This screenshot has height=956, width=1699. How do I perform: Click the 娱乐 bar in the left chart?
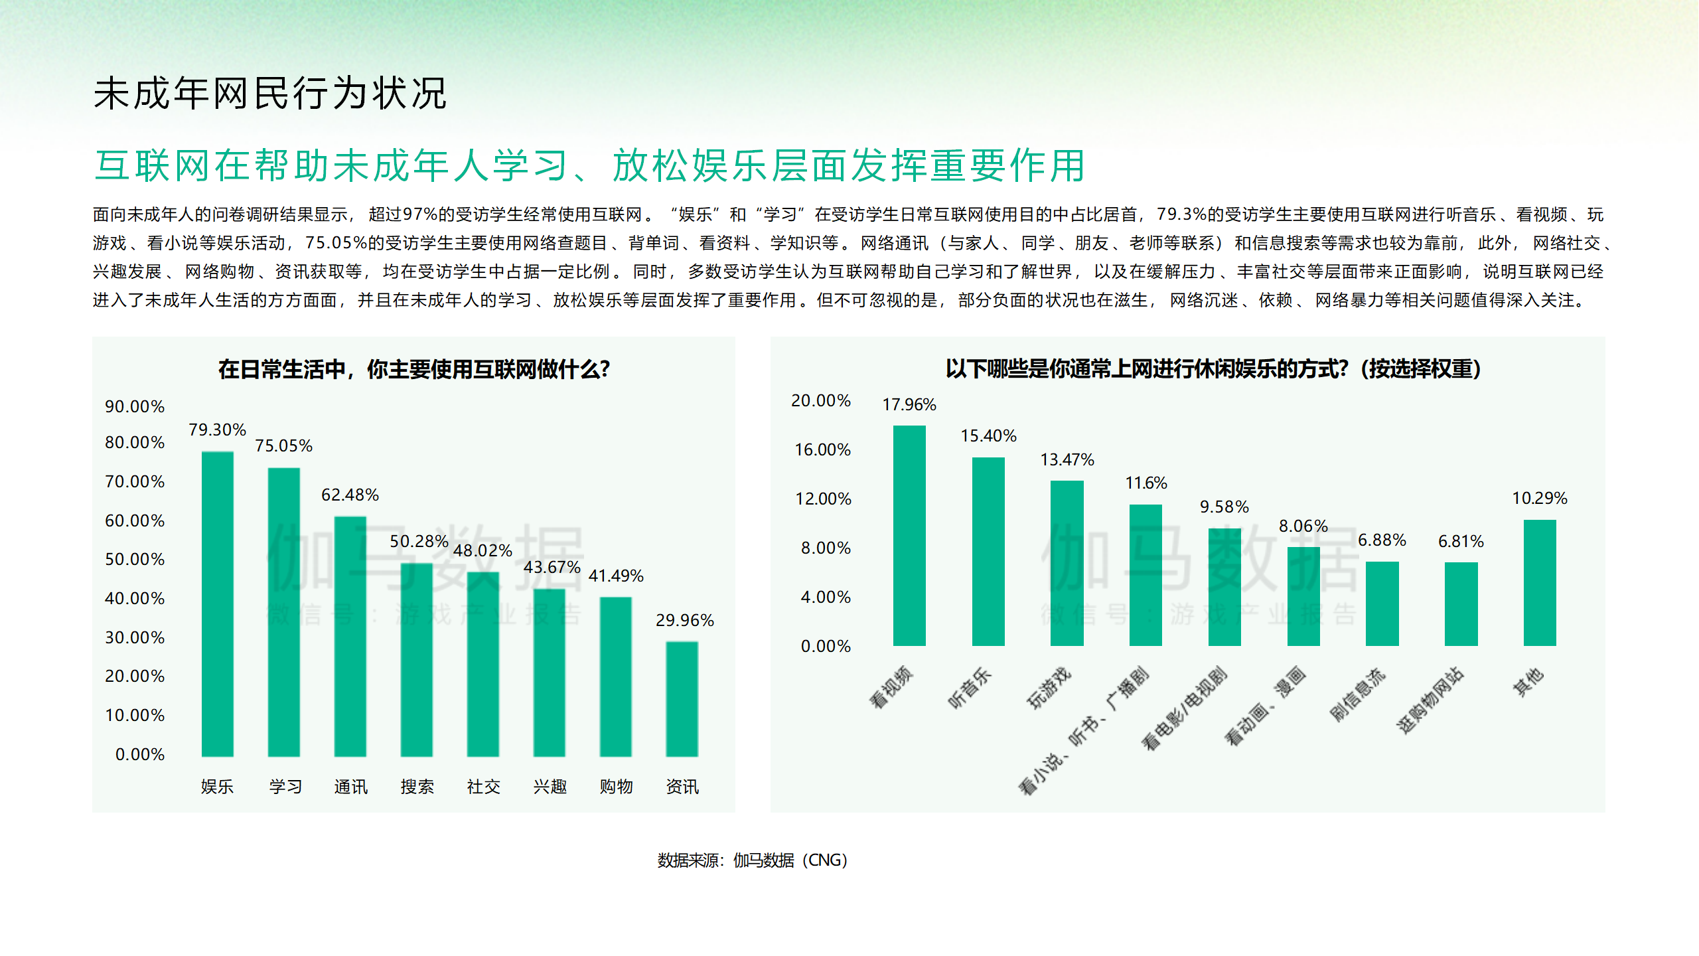pos(217,604)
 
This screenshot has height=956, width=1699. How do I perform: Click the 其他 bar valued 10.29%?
pos(1539,582)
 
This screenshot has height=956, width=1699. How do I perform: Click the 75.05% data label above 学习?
pos(283,445)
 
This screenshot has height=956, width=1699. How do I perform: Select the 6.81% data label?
pos(1461,541)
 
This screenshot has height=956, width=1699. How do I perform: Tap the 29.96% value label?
pos(684,620)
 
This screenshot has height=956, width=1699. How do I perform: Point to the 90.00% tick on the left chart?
pos(135,406)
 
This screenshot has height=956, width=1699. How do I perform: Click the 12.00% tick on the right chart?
pos(823,499)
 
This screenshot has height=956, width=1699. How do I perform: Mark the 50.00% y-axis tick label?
pos(135,559)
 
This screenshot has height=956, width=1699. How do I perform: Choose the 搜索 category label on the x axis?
pos(417,787)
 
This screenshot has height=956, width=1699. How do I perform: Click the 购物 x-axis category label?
pos(616,787)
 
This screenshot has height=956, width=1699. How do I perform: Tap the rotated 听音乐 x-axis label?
pos(970,688)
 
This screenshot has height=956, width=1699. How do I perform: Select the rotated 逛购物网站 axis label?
pos(1430,700)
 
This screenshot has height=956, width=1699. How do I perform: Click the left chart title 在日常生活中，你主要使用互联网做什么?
pos(413,369)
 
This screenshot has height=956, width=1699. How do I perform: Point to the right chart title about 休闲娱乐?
pos(1213,368)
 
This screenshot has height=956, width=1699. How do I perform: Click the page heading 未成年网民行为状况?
pos(270,93)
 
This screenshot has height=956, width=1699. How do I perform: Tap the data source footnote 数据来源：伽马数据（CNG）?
pos(752,860)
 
